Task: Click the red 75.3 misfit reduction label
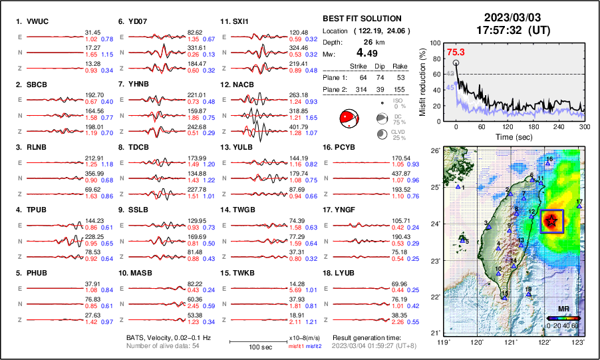coord(456,52)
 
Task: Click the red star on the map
coord(551,221)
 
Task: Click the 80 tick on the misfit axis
coord(437,57)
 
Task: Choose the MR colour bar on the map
coord(563,318)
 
